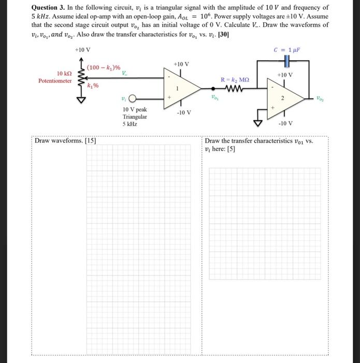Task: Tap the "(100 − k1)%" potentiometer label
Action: coord(104,67)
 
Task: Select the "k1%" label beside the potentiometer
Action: coord(94,86)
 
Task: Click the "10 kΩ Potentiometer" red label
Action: coord(55,77)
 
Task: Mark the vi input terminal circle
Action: coord(133,99)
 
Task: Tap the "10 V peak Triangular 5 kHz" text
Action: coord(135,117)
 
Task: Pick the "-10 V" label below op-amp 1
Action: coord(184,113)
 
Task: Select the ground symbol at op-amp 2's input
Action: coord(257,122)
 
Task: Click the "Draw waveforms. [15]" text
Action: coord(65,141)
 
